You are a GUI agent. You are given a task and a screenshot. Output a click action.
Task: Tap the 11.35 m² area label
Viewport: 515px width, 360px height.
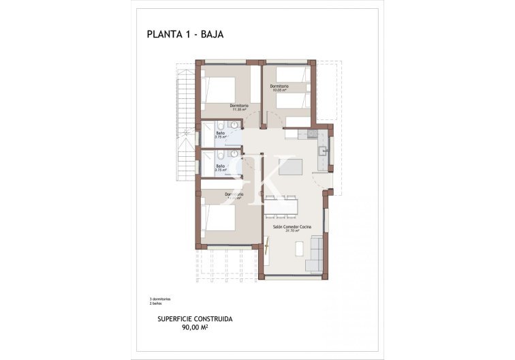coord(238,110)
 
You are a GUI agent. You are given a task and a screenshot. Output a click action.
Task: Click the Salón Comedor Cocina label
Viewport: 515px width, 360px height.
coord(292,226)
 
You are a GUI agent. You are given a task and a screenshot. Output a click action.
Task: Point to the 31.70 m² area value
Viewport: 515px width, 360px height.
coord(292,230)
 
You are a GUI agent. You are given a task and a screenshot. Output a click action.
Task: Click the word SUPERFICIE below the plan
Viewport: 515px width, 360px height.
coord(174,319)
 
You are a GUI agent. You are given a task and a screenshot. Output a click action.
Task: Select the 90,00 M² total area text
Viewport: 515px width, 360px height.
coord(194,327)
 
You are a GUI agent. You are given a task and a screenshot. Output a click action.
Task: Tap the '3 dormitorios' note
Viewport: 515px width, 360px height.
coord(159,299)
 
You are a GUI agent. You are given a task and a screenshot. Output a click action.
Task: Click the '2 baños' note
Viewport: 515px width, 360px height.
coord(156,303)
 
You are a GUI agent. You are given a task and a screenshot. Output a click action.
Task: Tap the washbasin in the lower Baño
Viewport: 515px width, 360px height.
coord(233,155)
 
